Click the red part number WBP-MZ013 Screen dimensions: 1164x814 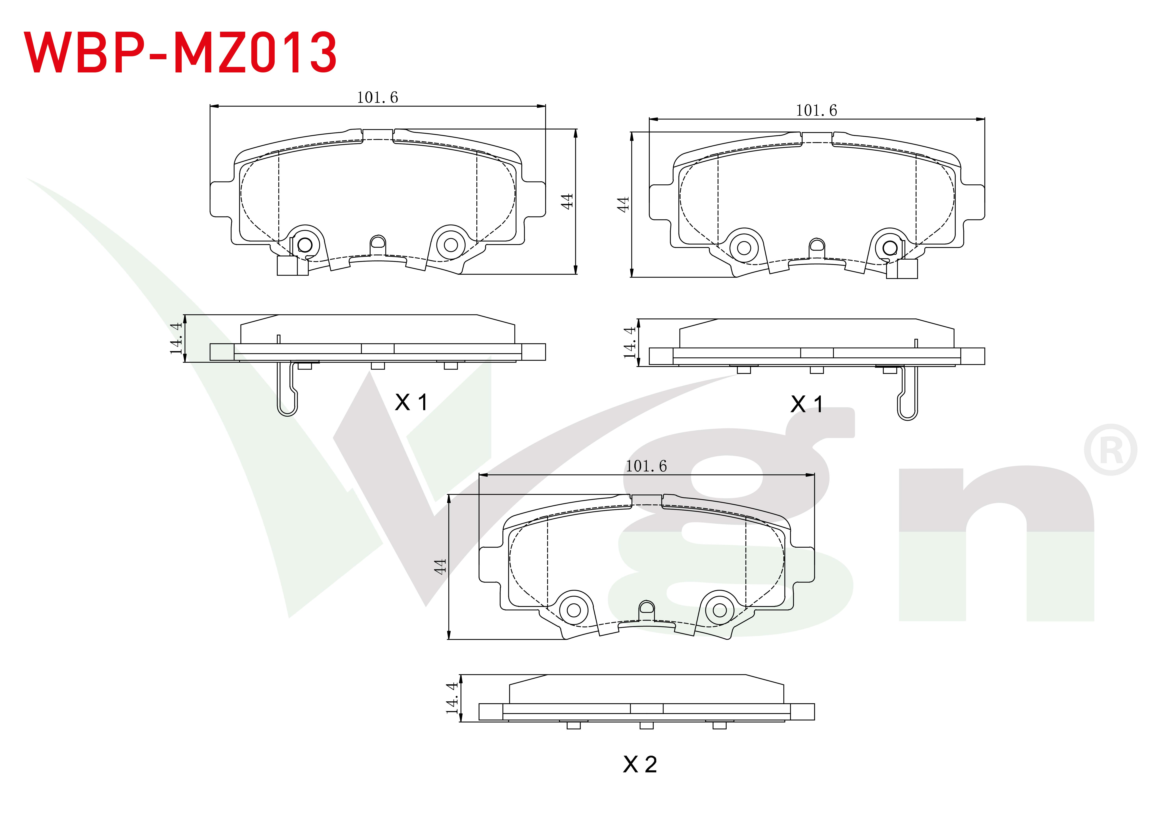point(180,52)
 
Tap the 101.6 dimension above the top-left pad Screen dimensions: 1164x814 point(378,97)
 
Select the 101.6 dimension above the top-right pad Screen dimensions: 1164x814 point(816,110)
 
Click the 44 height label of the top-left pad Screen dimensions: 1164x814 point(567,201)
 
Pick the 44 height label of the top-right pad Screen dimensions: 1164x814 point(623,204)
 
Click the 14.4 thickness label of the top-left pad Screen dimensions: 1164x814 point(176,338)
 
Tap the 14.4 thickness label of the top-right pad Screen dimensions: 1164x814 point(629,342)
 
